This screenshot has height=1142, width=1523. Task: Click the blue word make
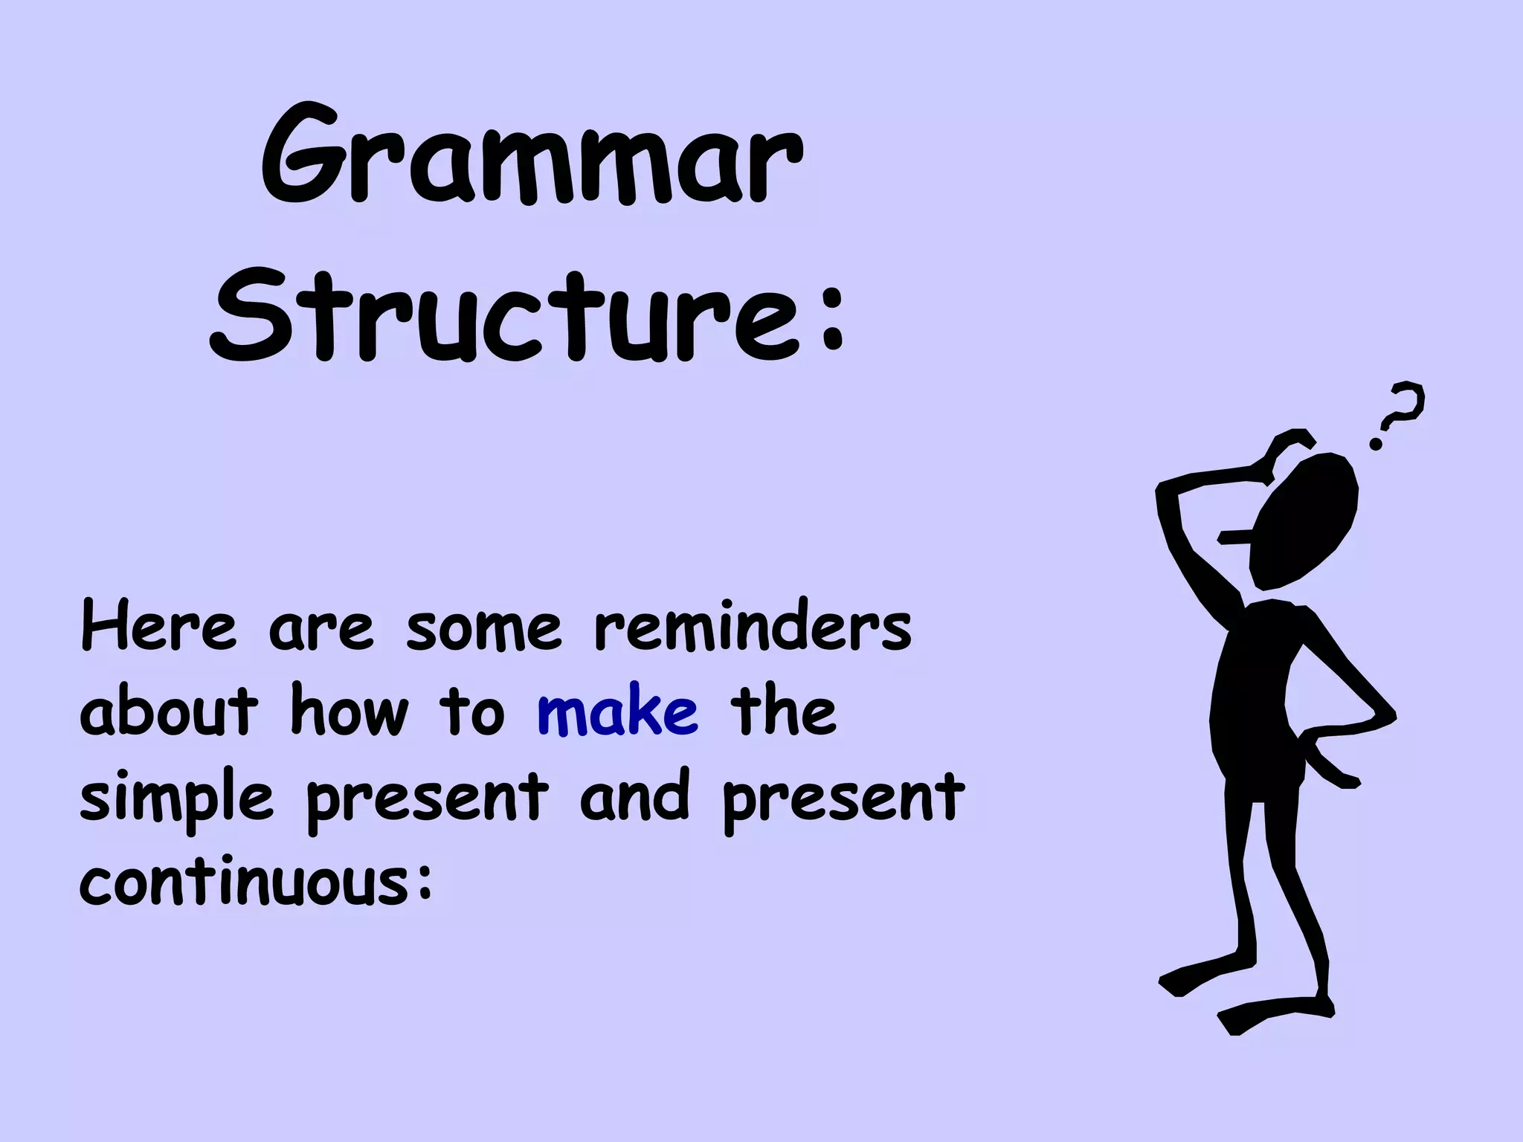coord(618,712)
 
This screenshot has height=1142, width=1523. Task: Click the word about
coord(169,712)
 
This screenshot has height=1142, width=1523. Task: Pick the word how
coord(350,712)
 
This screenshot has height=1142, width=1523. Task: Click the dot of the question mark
coord(1377,444)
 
